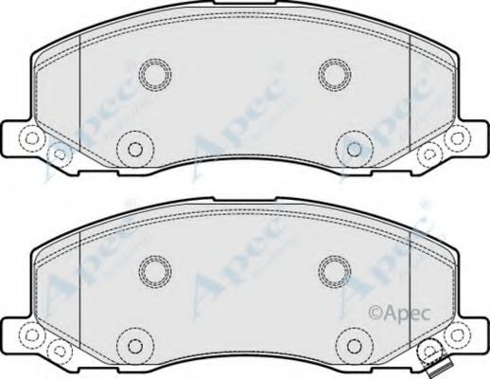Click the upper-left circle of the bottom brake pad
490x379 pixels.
[x=153, y=270]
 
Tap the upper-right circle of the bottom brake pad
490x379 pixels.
[x=334, y=270]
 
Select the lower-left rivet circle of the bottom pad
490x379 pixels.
[x=134, y=344]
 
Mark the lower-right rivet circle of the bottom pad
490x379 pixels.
[x=353, y=344]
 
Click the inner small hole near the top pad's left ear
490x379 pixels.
[x=58, y=152]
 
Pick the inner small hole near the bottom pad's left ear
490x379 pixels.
[x=58, y=349]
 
